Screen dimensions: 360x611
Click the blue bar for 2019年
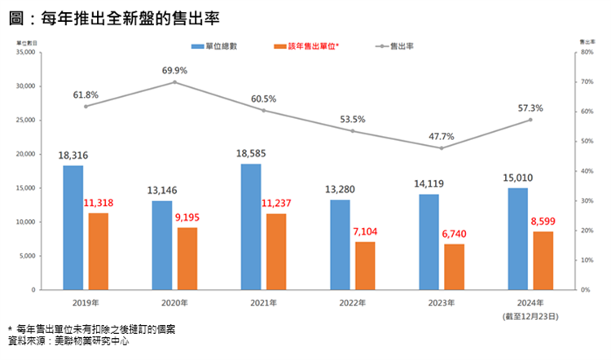point(73,227)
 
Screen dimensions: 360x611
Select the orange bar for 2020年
point(187,258)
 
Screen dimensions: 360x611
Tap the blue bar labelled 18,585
point(251,226)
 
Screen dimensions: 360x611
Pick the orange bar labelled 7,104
point(365,266)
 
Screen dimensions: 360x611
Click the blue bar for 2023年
point(429,241)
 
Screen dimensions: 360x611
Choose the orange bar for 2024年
point(543,261)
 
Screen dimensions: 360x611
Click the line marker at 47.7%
point(442,148)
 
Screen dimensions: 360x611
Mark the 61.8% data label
point(86,95)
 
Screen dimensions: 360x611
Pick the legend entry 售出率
point(395,47)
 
